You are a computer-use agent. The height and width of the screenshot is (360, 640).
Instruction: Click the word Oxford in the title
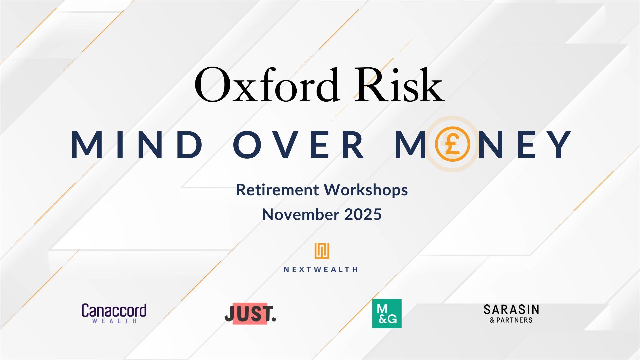(267, 85)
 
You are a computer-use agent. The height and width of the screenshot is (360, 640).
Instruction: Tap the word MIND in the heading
(137, 144)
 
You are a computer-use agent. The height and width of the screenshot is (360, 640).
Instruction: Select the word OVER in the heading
(298, 144)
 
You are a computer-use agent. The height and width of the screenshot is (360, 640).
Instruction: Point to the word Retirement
(277, 190)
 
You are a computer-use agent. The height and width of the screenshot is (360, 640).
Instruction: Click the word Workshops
(366, 190)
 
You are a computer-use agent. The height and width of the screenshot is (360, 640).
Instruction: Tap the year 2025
(363, 214)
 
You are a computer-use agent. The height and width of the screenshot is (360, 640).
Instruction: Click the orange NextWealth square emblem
(322, 251)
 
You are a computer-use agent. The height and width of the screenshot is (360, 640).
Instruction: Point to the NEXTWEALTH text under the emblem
(321, 269)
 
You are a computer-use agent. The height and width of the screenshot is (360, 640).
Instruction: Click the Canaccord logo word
(114, 310)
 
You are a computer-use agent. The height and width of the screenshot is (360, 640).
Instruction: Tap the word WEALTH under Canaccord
(114, 321)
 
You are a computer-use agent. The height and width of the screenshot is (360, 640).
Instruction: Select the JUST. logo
(250, 314)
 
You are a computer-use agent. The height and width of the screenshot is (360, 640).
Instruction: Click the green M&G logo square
(387, 313)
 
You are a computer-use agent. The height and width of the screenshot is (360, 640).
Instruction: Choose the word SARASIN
(511, 310)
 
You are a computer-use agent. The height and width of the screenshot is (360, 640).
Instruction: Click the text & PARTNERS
(511, 320)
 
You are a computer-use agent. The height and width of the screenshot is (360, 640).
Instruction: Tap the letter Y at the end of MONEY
(559, 144)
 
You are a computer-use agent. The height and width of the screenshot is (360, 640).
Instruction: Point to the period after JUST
(274, 319)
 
